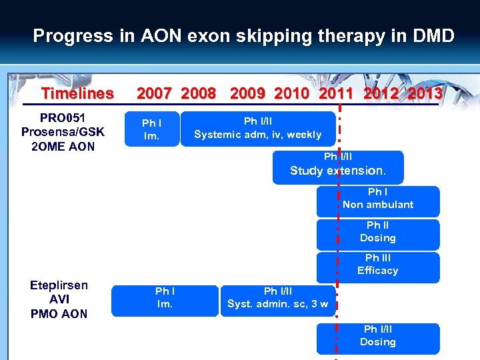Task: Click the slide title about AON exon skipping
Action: click(243, 35)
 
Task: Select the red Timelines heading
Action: click(77, 93)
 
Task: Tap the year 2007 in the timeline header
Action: click(154, 93)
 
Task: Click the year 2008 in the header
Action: click(198, 93)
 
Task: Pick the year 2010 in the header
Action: click(291, 93)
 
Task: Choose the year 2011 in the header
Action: click(336, 93)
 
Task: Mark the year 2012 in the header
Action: click(381, 93)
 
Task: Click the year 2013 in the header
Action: click(425, 93)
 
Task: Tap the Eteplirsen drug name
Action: click(59, 285)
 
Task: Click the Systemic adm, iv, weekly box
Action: click(257, 128)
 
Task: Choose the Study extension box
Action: click(337, 167)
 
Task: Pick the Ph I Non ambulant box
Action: click(378, 200)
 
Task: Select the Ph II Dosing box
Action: click(378, 233)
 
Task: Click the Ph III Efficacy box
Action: click(378, 266)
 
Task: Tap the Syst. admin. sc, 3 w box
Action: click(277, 299)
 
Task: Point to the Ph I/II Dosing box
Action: click(378, 337)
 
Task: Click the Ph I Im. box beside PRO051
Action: click(151, 129)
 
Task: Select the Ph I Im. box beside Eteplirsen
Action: click(164, 299)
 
